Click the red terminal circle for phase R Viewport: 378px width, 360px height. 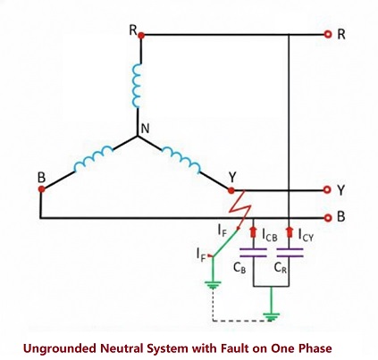329,35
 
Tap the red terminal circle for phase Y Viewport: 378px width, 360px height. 329,190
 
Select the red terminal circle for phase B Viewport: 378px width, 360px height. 329,217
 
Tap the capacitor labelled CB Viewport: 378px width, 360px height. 256,255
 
